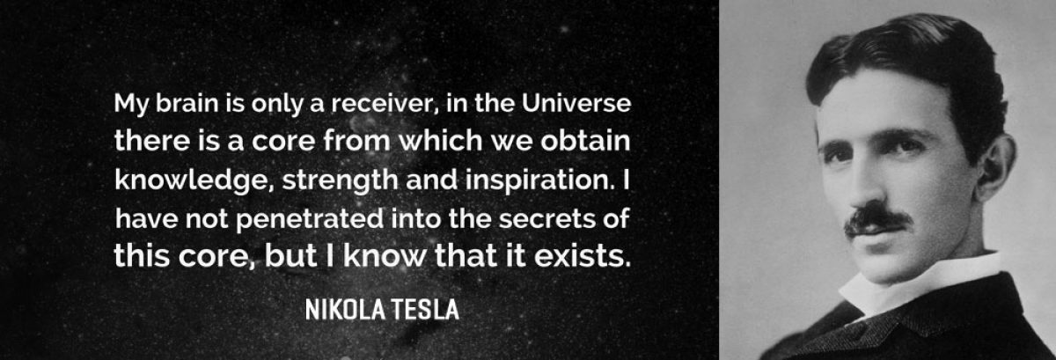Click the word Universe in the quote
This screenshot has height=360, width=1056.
pos(576,103)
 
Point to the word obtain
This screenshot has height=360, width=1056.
pos(585,141)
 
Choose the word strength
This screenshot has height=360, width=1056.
pos(340,180)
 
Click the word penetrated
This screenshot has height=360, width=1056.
pos(310,219)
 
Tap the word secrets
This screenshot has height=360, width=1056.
pos(547,219)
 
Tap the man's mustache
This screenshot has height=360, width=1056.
pos(876,219)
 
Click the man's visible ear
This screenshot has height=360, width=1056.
pos(994,166)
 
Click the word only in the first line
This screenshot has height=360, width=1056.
pos(277,104)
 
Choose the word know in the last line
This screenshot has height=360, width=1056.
pos(385,256)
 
